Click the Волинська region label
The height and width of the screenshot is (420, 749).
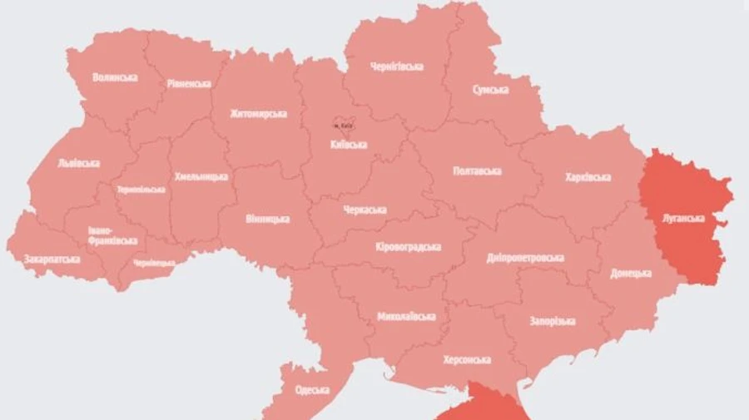click(116, 77)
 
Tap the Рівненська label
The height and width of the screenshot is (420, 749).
click(188, 83)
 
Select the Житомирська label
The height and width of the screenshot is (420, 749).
click(259, 114)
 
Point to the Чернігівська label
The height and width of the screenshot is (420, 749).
click(397, 67)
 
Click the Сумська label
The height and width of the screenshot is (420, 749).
click(490, 89)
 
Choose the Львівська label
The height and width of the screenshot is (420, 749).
click(79, 163)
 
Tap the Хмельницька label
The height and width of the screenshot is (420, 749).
click(201, 177)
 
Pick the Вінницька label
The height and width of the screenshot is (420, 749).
click(267, 219)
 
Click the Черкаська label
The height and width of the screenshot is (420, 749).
click(365, 210)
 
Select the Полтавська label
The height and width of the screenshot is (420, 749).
click(477, 171)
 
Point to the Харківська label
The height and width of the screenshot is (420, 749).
click(588, 177)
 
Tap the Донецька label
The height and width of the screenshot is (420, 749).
click(630, 273)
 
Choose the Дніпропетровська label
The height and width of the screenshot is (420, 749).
click(525, 258)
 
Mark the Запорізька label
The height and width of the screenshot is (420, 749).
click(553, 321)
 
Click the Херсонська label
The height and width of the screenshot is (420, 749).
click(467, 359)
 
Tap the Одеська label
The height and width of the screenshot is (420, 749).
click(312, 389)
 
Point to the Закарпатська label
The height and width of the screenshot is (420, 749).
click(52, 259)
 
